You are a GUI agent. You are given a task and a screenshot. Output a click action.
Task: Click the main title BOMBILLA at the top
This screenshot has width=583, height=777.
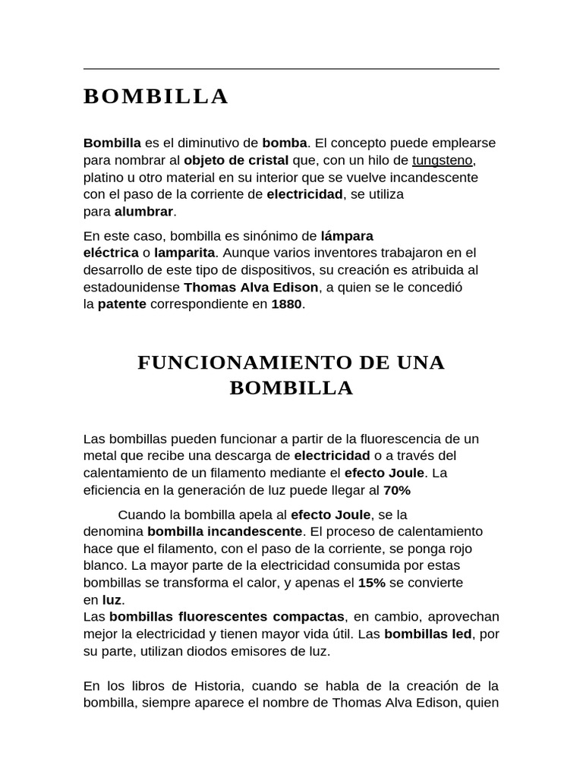[x=156, y=97]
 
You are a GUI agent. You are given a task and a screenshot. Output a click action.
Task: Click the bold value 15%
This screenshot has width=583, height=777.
[x=372, y=583]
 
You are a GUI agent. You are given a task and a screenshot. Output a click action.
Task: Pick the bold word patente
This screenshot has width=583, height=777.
[x=121, y=304]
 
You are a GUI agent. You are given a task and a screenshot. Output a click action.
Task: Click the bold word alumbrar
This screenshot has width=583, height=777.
[x=144, y=211]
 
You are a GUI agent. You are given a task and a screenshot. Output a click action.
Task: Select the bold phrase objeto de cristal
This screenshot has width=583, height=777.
[x=236, y=160]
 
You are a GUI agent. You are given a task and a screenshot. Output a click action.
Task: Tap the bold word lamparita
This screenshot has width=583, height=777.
[x=184, y=252]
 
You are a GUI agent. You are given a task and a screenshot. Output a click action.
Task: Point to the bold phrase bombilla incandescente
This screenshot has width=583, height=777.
[x=225, y=531]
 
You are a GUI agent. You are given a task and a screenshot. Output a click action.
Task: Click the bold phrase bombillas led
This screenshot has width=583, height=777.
[x=428, y=633]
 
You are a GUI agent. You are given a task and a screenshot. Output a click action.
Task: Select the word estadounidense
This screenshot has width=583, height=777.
[x=132, y=288]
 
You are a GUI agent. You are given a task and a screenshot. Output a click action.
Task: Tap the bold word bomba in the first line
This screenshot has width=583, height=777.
[x=285, y=143]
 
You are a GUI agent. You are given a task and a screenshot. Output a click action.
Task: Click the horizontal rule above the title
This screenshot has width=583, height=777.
[x=291, y=69]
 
